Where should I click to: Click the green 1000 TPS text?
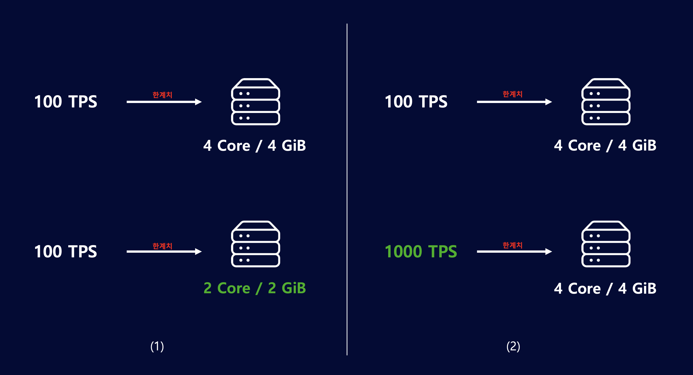pos(421,252)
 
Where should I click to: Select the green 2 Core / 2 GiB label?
pos(255,288)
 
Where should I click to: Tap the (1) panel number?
pos(157,346)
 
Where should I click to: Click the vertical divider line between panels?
pos(347,189)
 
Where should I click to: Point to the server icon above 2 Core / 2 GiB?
pos(256,244)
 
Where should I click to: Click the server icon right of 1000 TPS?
pos(606,244)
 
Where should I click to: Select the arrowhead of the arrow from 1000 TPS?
pos(549,251)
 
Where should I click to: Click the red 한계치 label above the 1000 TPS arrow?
pos(513,245)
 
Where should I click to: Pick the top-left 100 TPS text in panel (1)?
pos(66,102)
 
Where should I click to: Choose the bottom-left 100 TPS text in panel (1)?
pos(66,252)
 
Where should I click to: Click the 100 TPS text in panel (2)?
pos(416,102)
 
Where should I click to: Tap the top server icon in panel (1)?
pos(256,102)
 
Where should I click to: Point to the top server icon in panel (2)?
pos(606,102)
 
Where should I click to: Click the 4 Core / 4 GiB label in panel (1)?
pos(255,146)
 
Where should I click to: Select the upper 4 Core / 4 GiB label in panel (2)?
pos(605,145)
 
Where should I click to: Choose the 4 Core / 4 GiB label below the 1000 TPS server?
pos(605,288)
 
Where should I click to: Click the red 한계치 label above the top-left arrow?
pos(162,95)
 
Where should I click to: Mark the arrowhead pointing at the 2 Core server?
pos(199,251)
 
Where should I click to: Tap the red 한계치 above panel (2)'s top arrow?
pos(513,94)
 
